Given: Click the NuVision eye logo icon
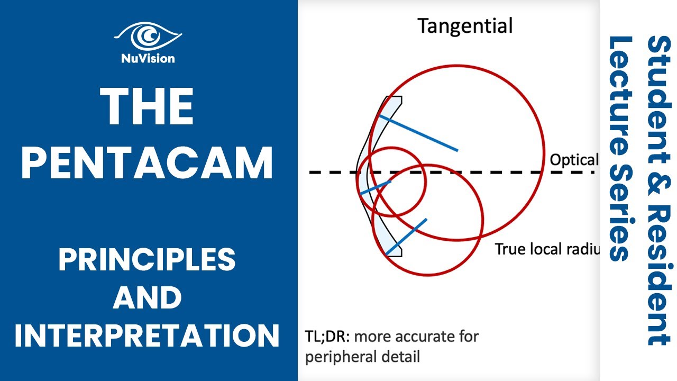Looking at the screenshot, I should pos(148,37).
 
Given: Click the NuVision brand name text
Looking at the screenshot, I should pos(148,59).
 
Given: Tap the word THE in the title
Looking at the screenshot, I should pos(148,107).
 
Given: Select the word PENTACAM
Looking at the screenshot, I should pos(148,163).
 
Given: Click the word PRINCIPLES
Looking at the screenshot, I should pos(148,260).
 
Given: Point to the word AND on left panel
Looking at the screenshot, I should pos(148,297).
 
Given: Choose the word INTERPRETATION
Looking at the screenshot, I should pos(148,335).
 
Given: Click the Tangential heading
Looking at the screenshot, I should pos(465,25).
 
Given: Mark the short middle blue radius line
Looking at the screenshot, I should pos(375,188).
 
